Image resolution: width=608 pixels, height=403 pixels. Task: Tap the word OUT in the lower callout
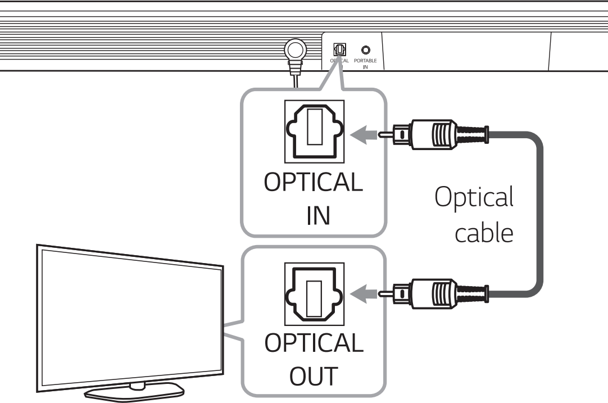[x=314, y=375]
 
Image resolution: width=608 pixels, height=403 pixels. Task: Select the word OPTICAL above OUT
[x=314, y=343]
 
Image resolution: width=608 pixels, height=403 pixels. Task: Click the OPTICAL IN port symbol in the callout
[x=314, y=134]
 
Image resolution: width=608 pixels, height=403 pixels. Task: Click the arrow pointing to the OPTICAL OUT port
[x=364, y=292]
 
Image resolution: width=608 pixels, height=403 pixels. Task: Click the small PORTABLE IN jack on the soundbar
[x=366, y=49]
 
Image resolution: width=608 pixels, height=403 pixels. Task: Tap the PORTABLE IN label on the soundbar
[x=366, y=62]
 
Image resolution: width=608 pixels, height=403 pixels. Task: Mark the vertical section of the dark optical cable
[x=541, y=214]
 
